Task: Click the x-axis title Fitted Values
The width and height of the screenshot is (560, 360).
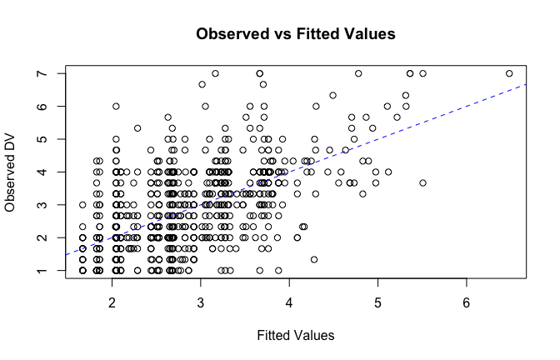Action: pos(294,335)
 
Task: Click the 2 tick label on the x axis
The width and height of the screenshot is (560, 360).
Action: pos(112,301)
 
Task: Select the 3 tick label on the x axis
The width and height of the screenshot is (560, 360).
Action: pos(200,301)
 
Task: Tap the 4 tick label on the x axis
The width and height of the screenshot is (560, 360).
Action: pos(289,301)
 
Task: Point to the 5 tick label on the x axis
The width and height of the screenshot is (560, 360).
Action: pos(377,301)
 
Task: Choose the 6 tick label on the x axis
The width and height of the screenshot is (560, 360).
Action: pos(466,301)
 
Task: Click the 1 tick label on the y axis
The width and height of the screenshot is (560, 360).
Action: pos(50,271)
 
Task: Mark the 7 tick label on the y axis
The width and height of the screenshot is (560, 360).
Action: pos(50,73)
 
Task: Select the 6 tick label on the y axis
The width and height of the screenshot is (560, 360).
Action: pos(50,107)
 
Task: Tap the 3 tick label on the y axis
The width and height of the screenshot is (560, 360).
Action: pos(50,205)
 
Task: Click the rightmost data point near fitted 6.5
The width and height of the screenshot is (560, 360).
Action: pos(509,73)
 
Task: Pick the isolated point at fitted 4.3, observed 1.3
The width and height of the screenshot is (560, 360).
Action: pos(314,259)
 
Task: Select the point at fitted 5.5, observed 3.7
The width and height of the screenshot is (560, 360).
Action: pos(423,182)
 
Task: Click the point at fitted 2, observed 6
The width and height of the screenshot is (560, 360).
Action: pos(116,107)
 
